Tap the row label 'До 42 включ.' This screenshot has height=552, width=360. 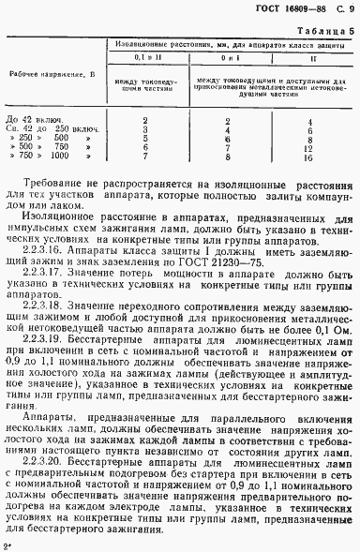click(32, 121)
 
